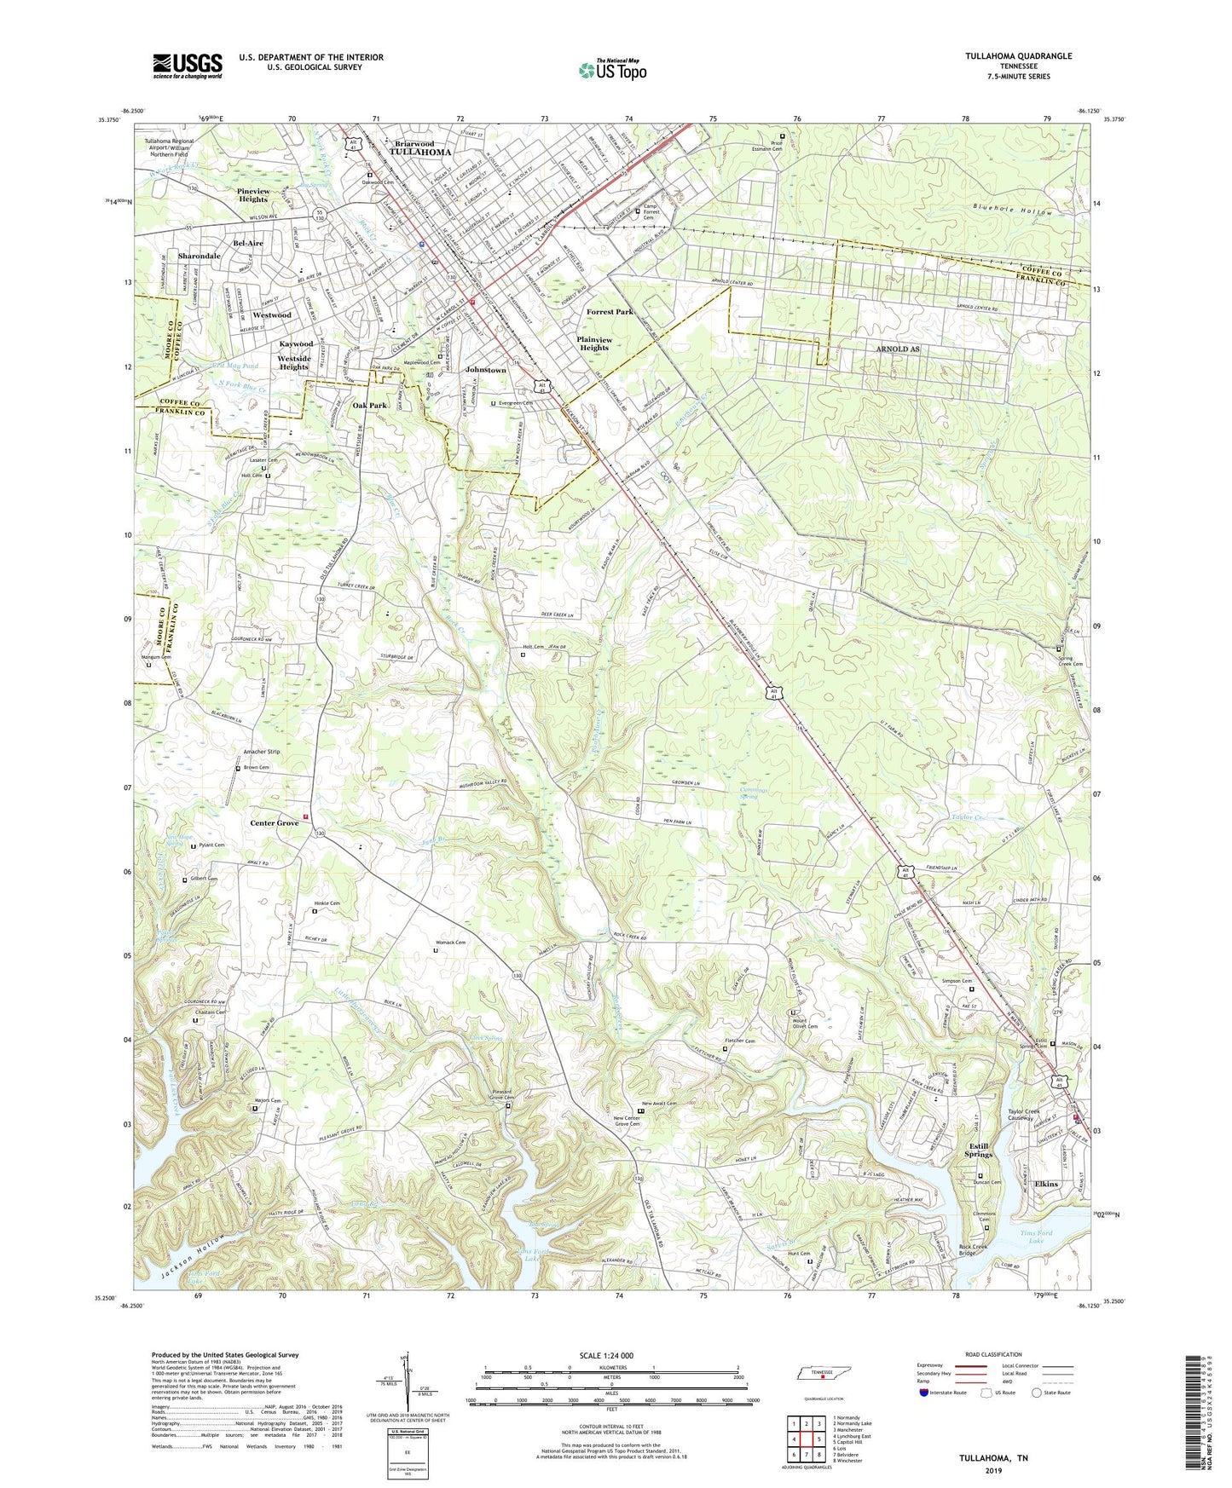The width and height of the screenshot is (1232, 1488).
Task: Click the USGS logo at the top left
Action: click(x=188, y=66)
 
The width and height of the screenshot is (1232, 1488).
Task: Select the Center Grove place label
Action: click(x=275, y=823)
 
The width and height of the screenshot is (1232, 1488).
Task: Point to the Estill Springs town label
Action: click(x=979, y=1151)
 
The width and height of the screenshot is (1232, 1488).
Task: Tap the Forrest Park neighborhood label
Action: click(x=610, y=313)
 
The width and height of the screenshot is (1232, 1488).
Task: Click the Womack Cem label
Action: click(x=449, y=943)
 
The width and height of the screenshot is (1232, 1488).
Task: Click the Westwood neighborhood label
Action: click(x=272, y=315)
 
